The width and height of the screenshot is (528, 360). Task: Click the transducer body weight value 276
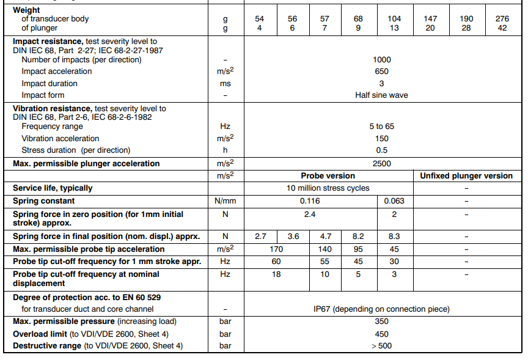click(502, 19)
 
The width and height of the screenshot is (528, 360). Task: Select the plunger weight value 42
click(502, 28)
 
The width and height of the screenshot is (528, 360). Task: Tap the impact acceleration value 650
click(381, 72)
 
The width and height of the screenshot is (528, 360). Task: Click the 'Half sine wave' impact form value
click(381, 95)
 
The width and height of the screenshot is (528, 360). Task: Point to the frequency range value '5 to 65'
click(381, 127)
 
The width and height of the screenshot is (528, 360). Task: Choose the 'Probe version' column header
click(328, 176)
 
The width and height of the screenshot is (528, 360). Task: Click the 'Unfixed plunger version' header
click(466, 176)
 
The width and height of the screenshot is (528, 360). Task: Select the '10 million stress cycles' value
click(328, 188)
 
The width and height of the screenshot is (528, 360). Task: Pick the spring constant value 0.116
click(312, 200)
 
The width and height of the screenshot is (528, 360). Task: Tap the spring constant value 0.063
click(394, 200)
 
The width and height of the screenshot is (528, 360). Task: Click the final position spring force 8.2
click(359, 236)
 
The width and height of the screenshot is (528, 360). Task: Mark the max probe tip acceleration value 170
click(277, 249)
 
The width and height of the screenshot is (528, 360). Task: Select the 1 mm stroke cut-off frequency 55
click(325, 261)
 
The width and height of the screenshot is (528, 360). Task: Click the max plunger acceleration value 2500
click(381, 163)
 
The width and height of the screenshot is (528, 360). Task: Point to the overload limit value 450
click(381, 334)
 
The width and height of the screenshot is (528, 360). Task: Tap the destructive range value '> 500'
click(381, 346)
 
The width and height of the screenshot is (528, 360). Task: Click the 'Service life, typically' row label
click(53, 188)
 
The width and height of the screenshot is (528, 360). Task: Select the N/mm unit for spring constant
click(226, 200)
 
